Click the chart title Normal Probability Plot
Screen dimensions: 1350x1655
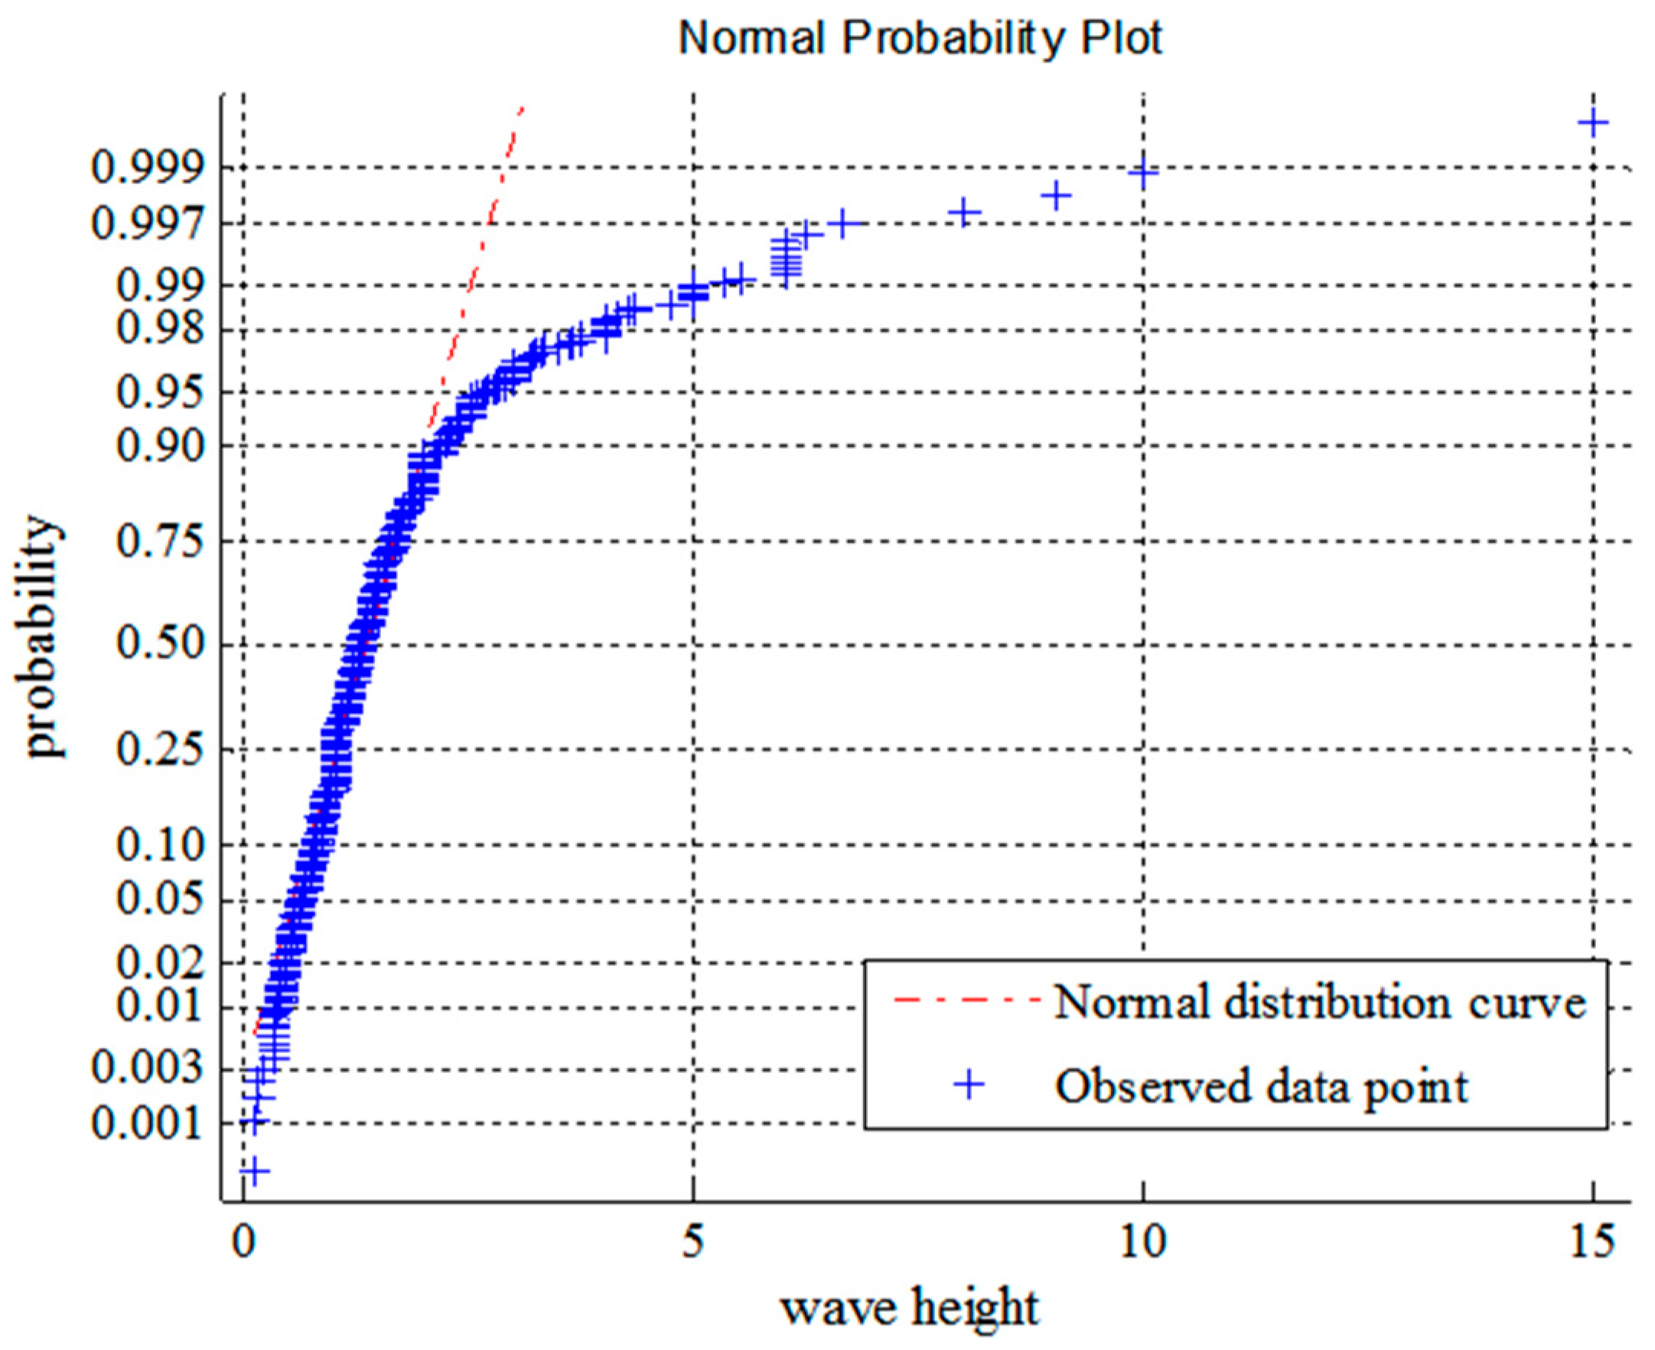pyautogui.click(x=920, y=37)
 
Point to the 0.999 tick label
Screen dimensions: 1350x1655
pyautogui.click(x=147, y=167)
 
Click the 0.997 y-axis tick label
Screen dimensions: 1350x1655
pyautogui.click(x=147, y=224)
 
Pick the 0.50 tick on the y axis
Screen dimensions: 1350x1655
pyautogui.click(x=160, y=644)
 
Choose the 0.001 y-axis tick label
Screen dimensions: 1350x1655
pyautogui.click(x=147, y=1123)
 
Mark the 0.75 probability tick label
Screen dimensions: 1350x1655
pyautogui.click(x=160, y=542)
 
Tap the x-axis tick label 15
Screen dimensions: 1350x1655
pyautogui.click(x=1591, y=1242)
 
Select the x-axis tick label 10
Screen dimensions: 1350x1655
pyautogui.click(x=1142, y=1242)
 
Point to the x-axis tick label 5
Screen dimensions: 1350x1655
pyautogui.click(x=693, y=1242)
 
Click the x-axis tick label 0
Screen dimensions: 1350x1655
pyautogui.click(x=244, y=1242)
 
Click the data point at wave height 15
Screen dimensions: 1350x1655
pyautogui.click(x=1592, y=122)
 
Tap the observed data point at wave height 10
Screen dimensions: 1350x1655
pyautogui.click(x=1142, y=172)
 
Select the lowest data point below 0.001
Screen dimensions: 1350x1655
pyautogui.click(x=253, y=1170)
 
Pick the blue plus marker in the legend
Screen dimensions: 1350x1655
pyautogui.click(x=969, y=1085)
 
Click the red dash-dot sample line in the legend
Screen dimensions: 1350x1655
pyautogui.click(x=966, y=999)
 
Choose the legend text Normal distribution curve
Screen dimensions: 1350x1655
pyautogui.click(x=1320, y=1002)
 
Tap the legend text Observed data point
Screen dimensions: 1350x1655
pyautogui.click(x=1261, y=1086)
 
